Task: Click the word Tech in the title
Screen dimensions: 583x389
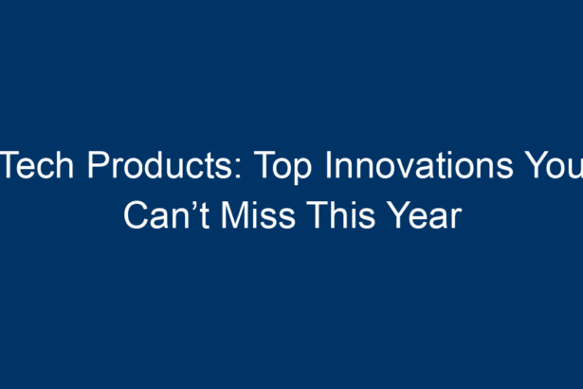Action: [37, 165]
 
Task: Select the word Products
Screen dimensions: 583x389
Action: [160, 165]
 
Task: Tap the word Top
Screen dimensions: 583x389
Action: [282, 167]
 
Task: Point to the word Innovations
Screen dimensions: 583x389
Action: [419, 165]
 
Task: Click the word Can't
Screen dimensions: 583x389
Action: [167, 215]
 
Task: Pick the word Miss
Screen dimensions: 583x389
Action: [258, 215]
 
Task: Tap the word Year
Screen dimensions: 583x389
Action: [424, 215]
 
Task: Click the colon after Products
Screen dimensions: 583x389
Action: [238, 169]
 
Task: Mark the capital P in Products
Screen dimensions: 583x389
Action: [98, 165]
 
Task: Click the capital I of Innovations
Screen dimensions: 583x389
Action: [328, 165]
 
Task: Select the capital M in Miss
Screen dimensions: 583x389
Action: [234, 215]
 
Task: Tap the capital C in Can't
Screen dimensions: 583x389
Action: [137, 215]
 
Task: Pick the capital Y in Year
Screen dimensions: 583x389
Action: [398, 215]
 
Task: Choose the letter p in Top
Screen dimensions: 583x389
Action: [302, 172]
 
